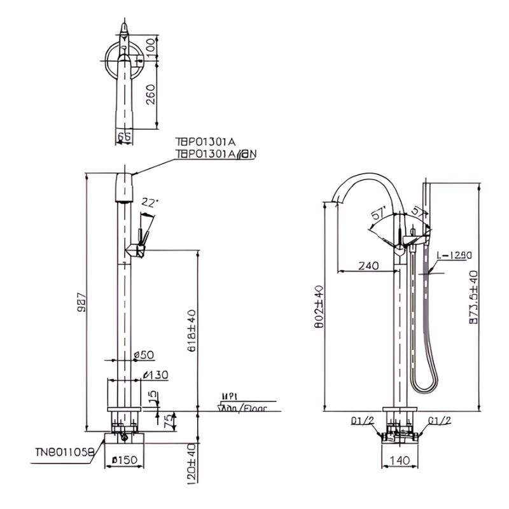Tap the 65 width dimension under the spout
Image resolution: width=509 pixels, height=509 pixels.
point(125,136)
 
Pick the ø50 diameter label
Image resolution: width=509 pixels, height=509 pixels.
point(144,354)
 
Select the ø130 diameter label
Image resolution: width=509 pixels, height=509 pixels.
point(156,375)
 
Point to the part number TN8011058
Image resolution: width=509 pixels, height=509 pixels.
point(64,452)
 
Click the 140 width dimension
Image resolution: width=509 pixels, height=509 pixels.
point(400,459)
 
